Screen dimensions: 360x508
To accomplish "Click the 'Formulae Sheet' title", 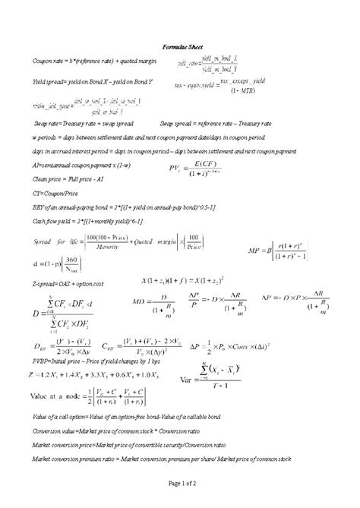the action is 180,46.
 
